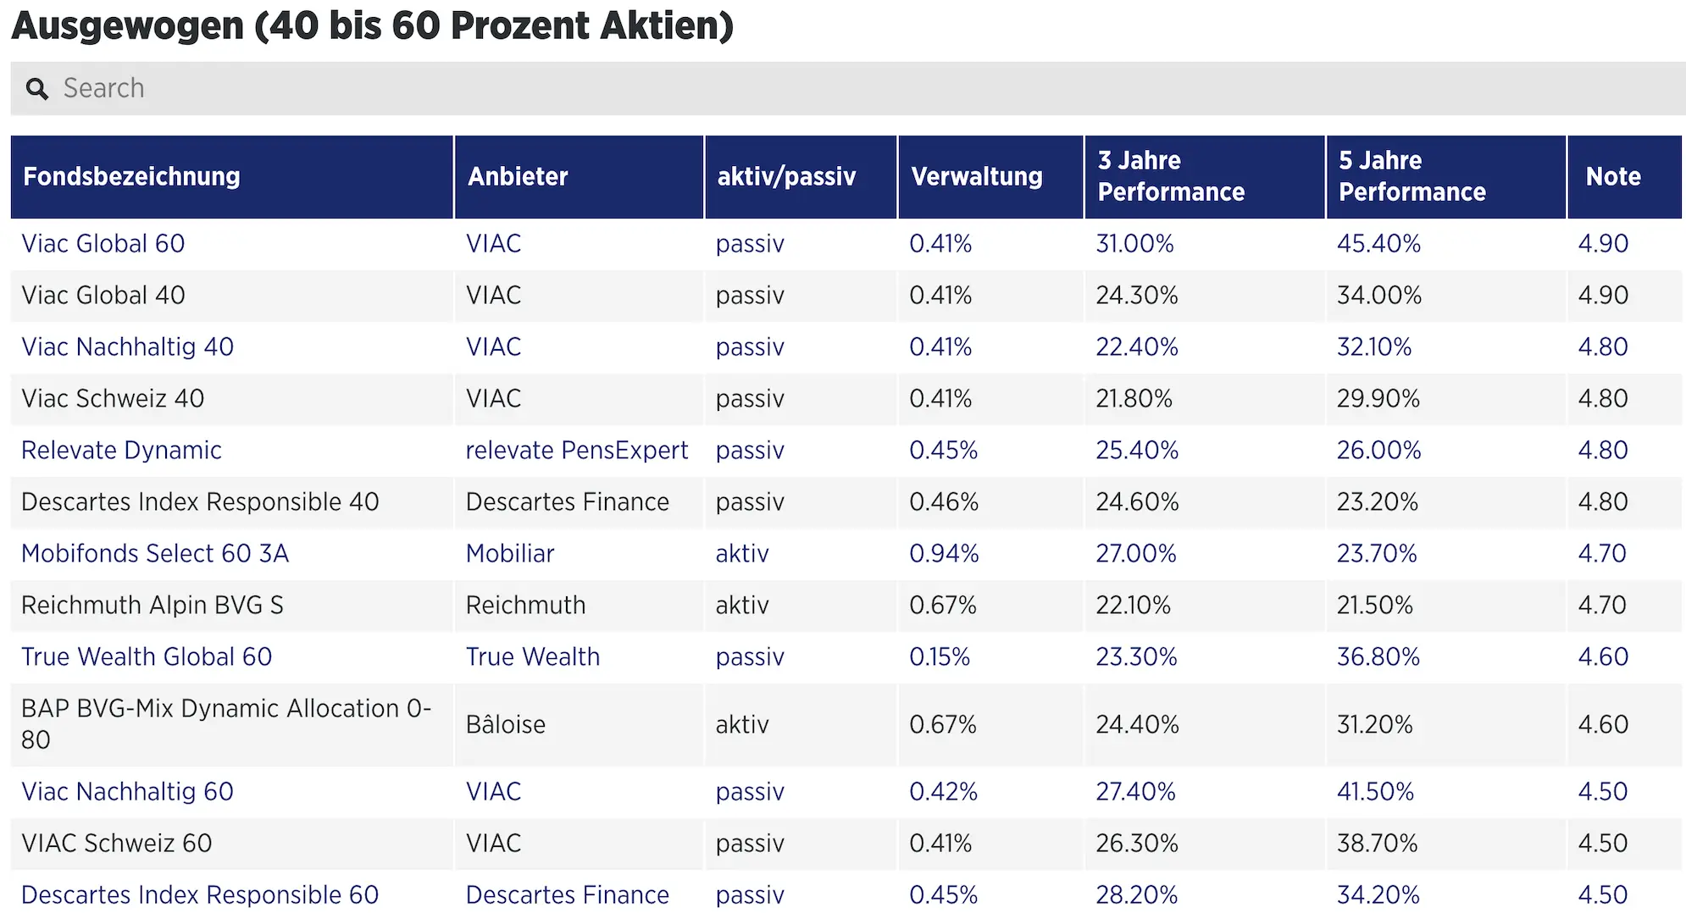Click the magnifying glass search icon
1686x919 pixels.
tap(36, 89)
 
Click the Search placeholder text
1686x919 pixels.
tap(103, 88)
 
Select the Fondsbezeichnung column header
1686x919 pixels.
tap(131, 176)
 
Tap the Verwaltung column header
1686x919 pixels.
tap(976, 176)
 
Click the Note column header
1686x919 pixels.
tap(1612, 176)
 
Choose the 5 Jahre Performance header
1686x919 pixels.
tap(1411, 176)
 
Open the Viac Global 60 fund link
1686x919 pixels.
tap(103, 244)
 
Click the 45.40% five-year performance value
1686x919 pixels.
tap(1378, 244)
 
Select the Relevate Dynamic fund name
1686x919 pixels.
tap(121, 451)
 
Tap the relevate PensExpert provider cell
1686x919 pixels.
tap(576, 451)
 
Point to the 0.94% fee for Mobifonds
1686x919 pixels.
tap(943, 554)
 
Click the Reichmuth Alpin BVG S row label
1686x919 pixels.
tap(152, 606)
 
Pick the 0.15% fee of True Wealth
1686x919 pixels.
tap(939, 657)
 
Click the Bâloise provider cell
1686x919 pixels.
tap(505, 725)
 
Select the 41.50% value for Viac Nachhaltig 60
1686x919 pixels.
tap(1374, 792)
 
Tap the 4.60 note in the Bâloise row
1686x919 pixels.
tap(1602, 725)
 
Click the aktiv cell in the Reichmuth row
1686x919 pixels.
tap(741, 606)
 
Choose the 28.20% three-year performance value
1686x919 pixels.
tap(1135, 895)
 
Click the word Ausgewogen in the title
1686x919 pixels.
tap(127, 25)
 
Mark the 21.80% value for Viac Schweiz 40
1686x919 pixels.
tap(1133, 399)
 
